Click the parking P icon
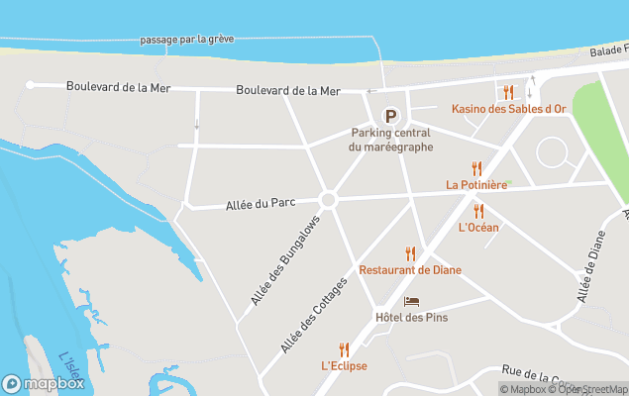[x=391, y=116]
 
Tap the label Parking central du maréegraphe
[x=391, y=140]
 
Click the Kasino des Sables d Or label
[x=509, y=109]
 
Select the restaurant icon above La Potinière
[x=476, y=168]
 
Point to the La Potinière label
[x=476, y=184]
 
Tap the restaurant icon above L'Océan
[x=478, y=211]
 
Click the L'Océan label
[x=478, y=228]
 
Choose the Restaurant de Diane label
[x=410, y=270]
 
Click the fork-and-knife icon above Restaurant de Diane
[x=410, y=253]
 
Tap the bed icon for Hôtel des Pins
[x=412, y=301]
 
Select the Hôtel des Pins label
[x=412, y=317]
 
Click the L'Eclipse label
[x=344, y=366]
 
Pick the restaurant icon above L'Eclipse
[x=344, y=349]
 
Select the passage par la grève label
[x=187, y=41]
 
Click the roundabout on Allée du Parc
[x=329, y=199]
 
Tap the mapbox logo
[x=44, y=383]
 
